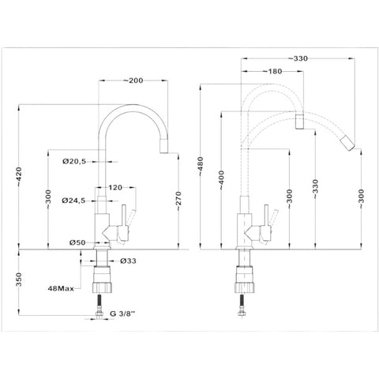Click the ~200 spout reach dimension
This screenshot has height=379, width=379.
133,81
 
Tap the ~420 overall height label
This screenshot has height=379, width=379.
19,177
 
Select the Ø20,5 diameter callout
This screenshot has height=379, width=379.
74,161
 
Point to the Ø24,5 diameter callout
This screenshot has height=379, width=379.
73,201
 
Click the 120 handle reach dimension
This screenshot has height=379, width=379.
115,187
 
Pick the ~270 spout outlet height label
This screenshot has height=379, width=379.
178,201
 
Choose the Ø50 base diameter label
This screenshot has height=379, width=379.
77,242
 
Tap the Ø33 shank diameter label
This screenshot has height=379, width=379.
128,261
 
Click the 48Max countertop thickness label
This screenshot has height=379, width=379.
61,288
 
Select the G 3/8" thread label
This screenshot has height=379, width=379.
122,313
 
